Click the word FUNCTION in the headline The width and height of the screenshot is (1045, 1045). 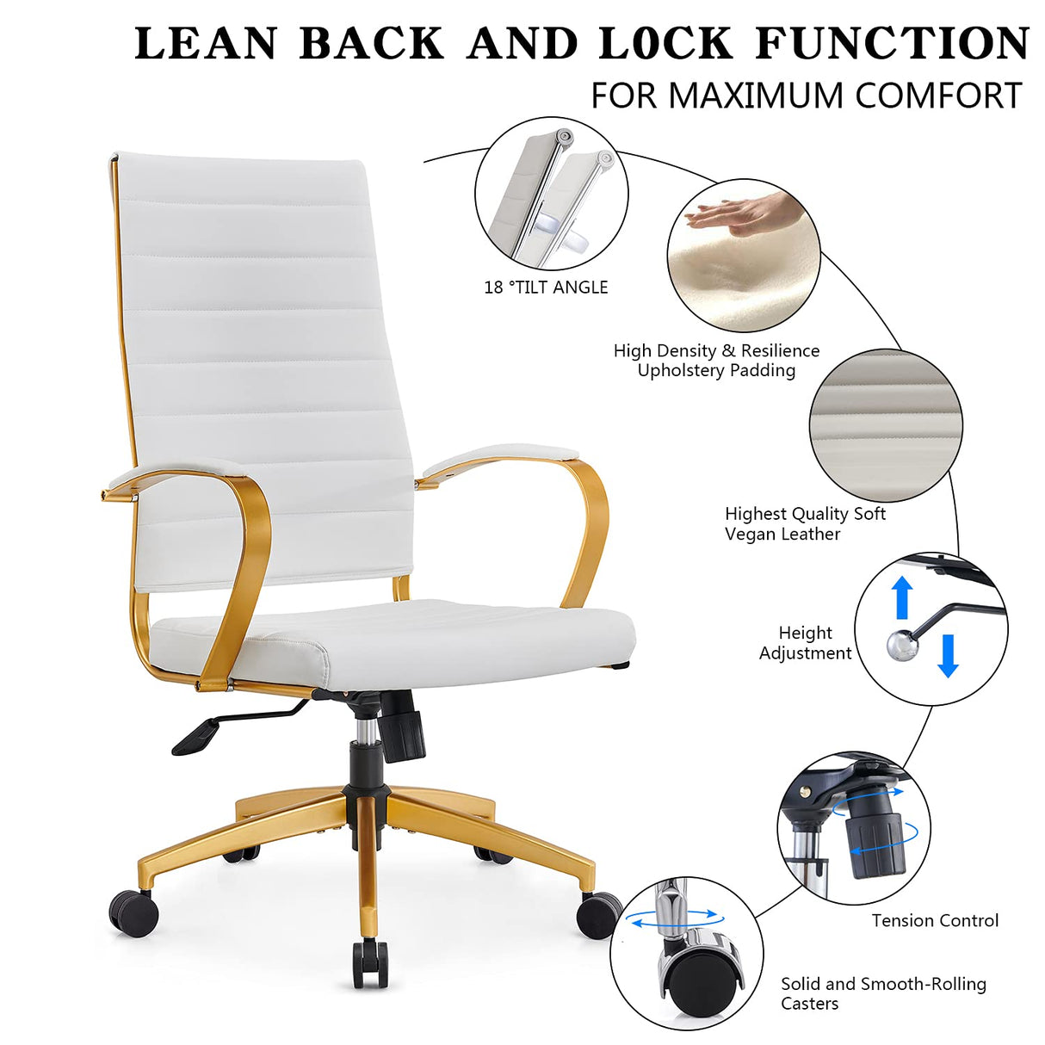click(x=893, y=44)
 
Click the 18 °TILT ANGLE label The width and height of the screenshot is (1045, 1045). click(x=546, y=288)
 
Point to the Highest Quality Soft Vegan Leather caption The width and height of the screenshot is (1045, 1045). click(x=805, y=523)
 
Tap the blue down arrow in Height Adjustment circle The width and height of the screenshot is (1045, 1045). click(x=948, y=655)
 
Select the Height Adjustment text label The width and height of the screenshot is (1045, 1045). click(x=805, y=643)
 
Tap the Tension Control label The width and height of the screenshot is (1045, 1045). click(x=935, y=921)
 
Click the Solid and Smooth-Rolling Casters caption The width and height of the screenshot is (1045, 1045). click(x=883, y=993)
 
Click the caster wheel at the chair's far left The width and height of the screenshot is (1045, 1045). click(x=134, y=912)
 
